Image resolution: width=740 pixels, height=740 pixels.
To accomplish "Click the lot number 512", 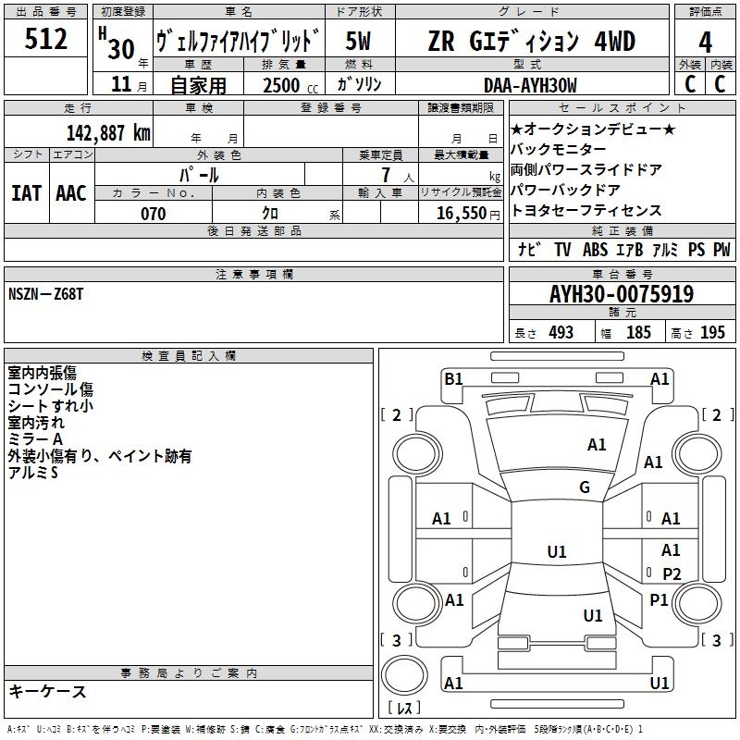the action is (46, 40).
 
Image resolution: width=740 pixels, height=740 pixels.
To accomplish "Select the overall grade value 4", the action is (706, 42).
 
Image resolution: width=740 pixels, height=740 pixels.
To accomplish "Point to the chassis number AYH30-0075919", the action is (622, 294).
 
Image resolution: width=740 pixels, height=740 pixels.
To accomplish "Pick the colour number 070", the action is (153, 214).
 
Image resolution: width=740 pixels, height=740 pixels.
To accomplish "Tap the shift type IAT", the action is (26, 192).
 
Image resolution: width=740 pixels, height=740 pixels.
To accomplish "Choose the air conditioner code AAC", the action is (71, 192).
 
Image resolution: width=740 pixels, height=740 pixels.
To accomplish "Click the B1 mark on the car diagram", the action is (453, 378).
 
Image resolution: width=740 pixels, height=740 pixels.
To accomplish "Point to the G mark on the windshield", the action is (585, 487).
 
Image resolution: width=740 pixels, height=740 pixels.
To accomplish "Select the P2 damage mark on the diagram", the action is (672, 573).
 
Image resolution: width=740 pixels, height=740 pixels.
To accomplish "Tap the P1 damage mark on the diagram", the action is (659, 600).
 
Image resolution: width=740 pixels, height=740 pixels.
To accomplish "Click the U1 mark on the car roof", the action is (557, 552).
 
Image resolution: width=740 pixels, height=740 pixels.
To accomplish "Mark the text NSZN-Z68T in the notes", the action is (45, 294).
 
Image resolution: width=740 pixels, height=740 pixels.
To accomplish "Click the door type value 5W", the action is (359, 42).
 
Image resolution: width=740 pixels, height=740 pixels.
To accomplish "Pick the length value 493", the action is (561, 332).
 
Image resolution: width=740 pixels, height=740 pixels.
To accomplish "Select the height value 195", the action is (712, 332).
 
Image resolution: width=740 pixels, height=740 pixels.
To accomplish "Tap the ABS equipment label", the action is (596, 249).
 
